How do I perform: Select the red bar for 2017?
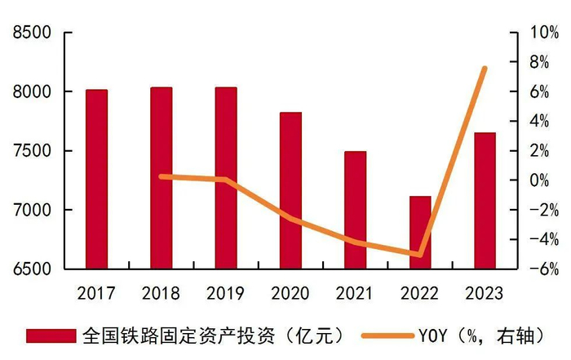click(x=96, y=179)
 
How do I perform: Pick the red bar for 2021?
click(x=355, y=210)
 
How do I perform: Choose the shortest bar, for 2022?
click(x=420, y=232)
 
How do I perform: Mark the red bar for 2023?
click(x=485, y=200)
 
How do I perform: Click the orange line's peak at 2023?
click(x=485, y=69)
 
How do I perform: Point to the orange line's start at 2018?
click(x=162, y=176)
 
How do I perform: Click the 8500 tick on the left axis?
click(x=29, y=33)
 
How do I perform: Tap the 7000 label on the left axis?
click(x=29, y=211)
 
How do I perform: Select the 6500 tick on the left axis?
click(x=29, y=269)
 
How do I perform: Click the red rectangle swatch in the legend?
click(x=51, y=336)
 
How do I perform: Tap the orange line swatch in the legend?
click(x=387, y=336)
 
